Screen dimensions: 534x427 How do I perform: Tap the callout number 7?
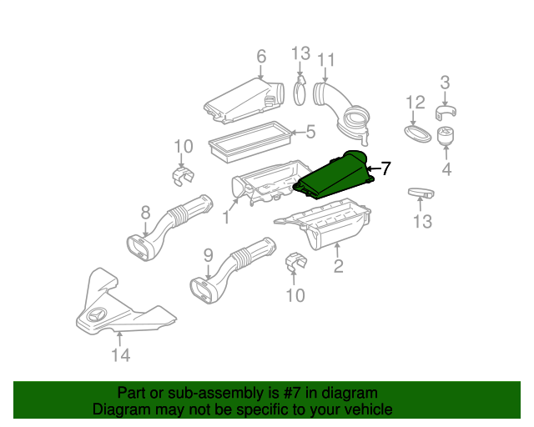(385, 168)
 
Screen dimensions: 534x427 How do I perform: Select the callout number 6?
(261, 56)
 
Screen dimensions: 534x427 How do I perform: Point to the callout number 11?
(326, 60)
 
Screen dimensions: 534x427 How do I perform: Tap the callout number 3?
(445, 83)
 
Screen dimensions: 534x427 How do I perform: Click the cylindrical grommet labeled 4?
(445, 136)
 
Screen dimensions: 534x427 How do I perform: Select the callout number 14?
(121, 355)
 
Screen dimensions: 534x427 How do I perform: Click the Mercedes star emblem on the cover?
(98, 315)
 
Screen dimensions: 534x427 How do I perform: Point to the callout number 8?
(145, 213)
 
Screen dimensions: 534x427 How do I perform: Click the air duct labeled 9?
(233, 271)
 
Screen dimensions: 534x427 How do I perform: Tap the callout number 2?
(338, 266)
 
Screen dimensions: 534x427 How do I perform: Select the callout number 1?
(225, 217)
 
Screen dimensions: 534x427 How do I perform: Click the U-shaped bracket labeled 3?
(446, 113)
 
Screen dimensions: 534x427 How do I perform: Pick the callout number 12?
(416, 102)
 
